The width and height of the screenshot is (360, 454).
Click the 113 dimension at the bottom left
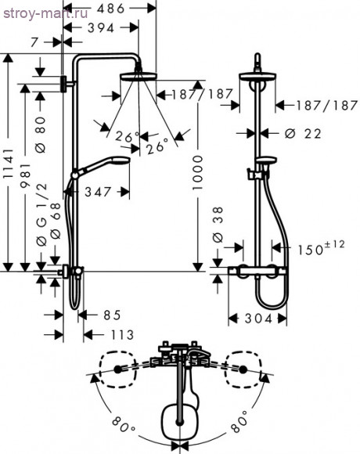(x=113, y=335)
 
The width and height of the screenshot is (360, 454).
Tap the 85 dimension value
(x=111, y=315)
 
